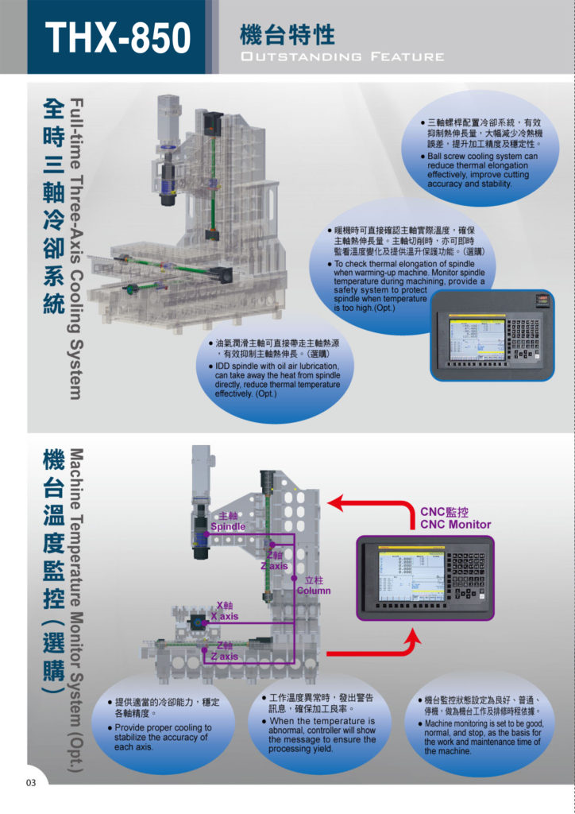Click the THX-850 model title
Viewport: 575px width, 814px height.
(x=118, y=38)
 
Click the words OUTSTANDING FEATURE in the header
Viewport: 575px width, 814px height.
(x=342, y=56)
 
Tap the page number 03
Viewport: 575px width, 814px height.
(x=31, y=783)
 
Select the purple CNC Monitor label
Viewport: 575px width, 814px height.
(x=455, y=525)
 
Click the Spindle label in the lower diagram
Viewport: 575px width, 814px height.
(x=227, y=526)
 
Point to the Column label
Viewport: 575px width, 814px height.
(x=313, y=591)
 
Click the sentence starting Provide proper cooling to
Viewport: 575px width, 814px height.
(x=164, y=727)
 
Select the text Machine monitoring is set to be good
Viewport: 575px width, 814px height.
(x=483, y=723)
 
